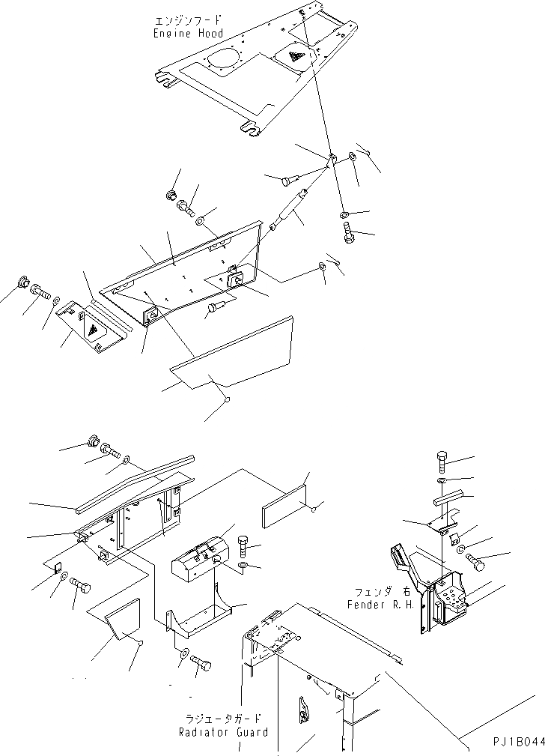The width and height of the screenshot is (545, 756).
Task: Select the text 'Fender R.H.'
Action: [x=378, y=604]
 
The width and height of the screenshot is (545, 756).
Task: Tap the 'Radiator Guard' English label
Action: [x=222, y=732]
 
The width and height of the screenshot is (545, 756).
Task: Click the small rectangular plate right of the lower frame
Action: [x=284, y=506]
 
